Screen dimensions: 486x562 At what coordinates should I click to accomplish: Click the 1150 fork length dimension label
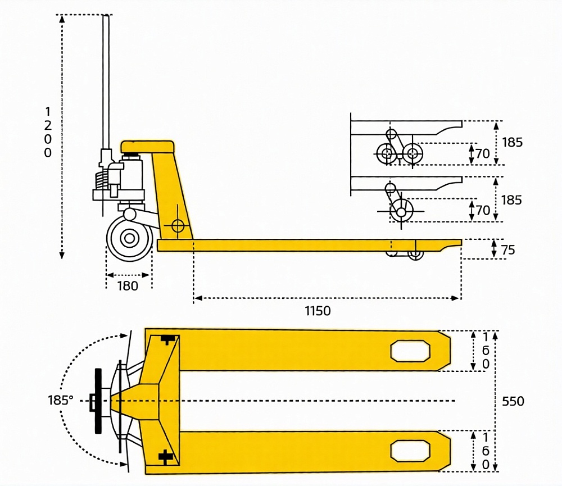(x=318, y=311)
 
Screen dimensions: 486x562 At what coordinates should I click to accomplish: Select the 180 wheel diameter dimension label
(x=128, y=286)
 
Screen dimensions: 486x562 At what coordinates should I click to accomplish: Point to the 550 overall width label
(x=513, y=401)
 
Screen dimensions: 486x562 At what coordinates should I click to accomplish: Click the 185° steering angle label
(x=61, y=401)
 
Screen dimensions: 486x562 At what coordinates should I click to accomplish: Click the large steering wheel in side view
(x=129, y=238)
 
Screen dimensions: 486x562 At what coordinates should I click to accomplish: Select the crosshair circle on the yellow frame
(x=178, y=226)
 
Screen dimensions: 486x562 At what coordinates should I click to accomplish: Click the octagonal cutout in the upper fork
(x=410, y=351)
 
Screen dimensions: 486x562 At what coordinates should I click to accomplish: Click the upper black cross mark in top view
(x=167, y=339)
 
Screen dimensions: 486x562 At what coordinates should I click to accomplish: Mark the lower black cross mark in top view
(x=166, y=457)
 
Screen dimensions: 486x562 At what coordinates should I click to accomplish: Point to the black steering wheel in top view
(x=98, y=401)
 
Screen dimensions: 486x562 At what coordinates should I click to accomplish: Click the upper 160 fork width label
(x=486, y=351)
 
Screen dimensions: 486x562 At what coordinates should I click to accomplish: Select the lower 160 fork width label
(x=486, y=451)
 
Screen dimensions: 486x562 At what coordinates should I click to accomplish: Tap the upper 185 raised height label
(x=512, y=142)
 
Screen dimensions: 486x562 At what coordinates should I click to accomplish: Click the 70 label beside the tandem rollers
(x=483, y=153)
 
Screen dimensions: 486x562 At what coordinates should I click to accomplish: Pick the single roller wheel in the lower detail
(x=401, y=211)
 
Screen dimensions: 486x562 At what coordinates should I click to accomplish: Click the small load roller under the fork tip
(x=415, y=254)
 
